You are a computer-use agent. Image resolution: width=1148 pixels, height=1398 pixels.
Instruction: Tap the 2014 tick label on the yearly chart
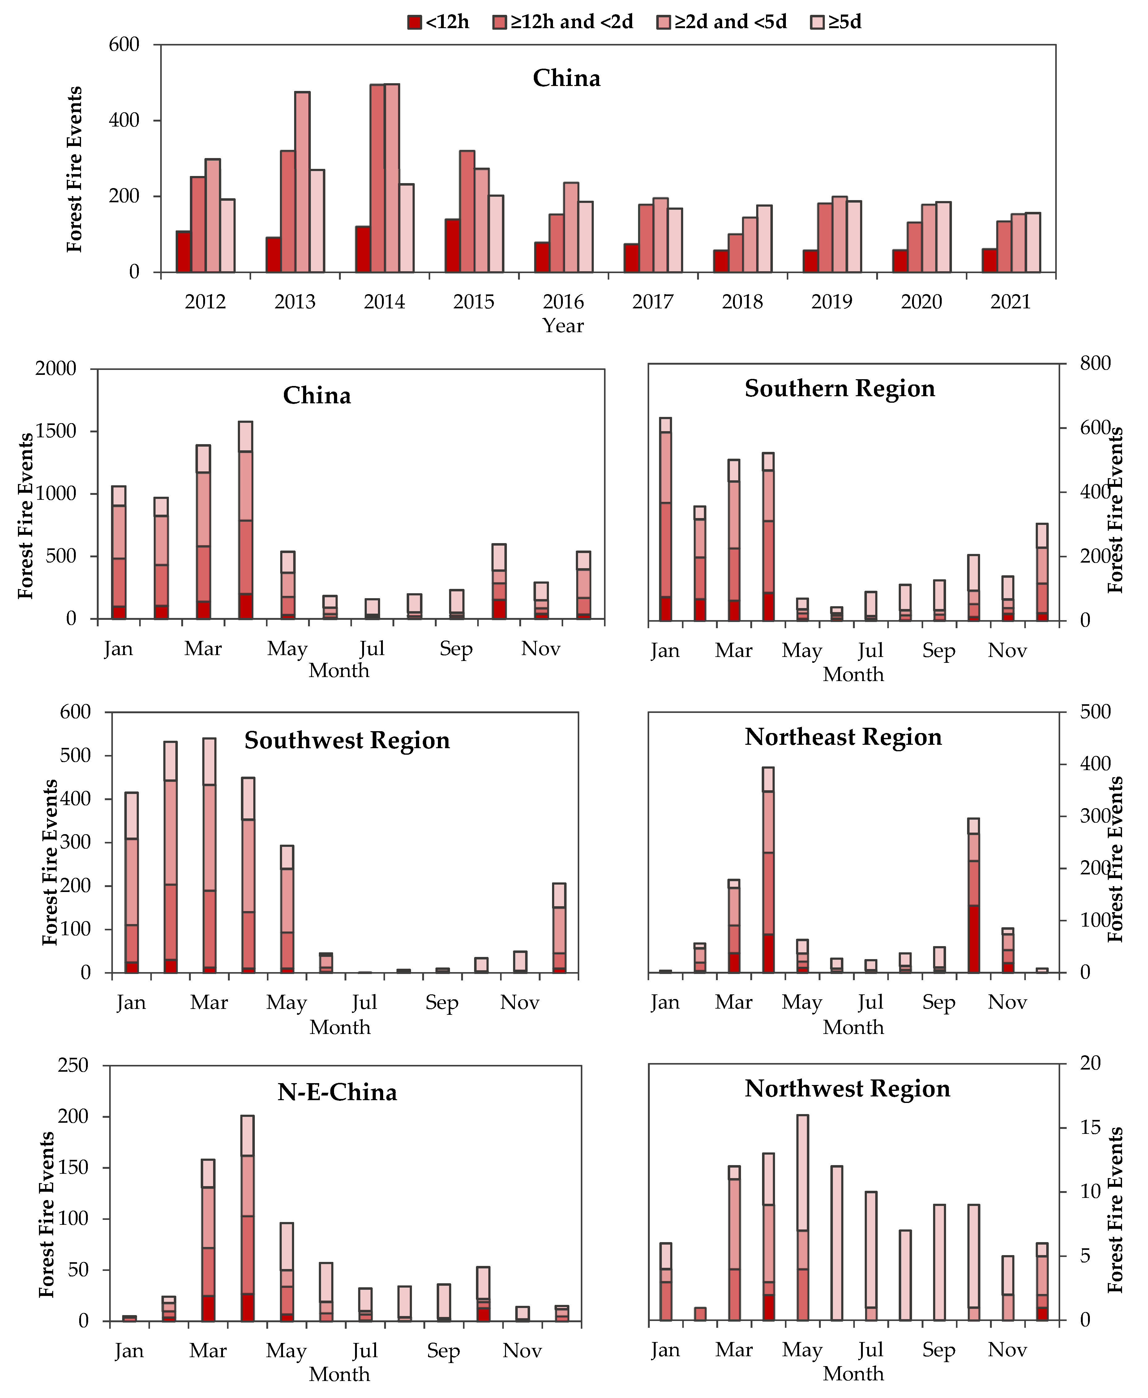coord(384,302)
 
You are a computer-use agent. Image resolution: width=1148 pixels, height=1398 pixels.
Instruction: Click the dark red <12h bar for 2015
coord(452,245)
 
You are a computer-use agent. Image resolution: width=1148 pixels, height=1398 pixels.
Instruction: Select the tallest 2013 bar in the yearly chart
coord(302,182)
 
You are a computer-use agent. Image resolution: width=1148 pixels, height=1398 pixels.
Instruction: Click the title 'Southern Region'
coord(840,389)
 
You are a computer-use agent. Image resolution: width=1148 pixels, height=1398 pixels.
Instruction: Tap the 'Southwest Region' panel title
coord(347,741)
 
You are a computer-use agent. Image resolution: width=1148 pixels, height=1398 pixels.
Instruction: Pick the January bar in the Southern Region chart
coord(665,519)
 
